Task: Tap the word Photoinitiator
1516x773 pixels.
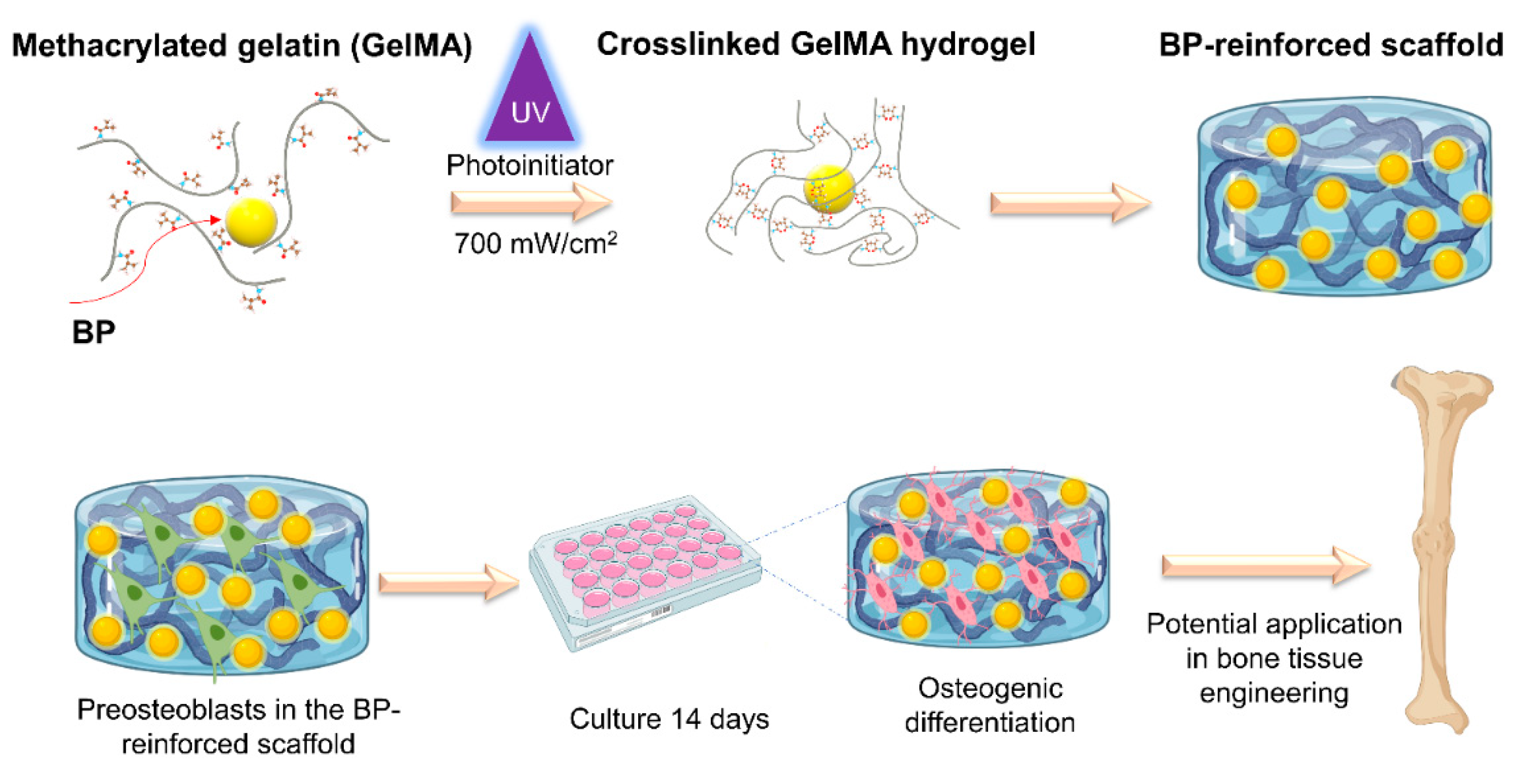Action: (x=529, y=165)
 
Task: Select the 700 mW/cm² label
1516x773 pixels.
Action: (x=534, y=243)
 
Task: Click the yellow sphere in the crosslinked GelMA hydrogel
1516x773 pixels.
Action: (x=828, y=188)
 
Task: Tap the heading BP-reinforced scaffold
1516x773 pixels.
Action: (x=1330, y=45)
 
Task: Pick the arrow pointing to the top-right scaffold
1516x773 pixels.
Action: (x=1069, y=202)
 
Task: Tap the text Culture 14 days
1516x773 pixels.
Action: (x=669, y=719)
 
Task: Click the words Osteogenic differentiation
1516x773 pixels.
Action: (x=989, y=705)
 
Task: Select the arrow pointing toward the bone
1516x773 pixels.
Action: (x=1265, y=565)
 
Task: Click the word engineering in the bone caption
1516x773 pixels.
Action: (x=1274, y=693)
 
